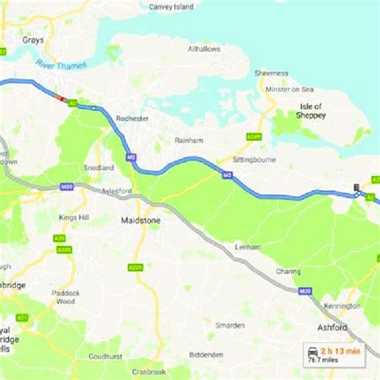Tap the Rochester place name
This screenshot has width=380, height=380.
click(127, 118)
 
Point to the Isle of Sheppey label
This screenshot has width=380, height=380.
click(311, 111)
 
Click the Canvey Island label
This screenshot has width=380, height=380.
click(172, 6)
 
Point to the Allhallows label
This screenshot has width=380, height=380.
click(203, 49)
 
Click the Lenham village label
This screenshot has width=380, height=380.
click(249, 247)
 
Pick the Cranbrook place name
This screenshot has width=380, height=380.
click(150, 372)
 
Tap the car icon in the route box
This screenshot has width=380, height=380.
click(309, 353)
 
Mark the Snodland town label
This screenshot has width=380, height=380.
click(93, 168)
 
